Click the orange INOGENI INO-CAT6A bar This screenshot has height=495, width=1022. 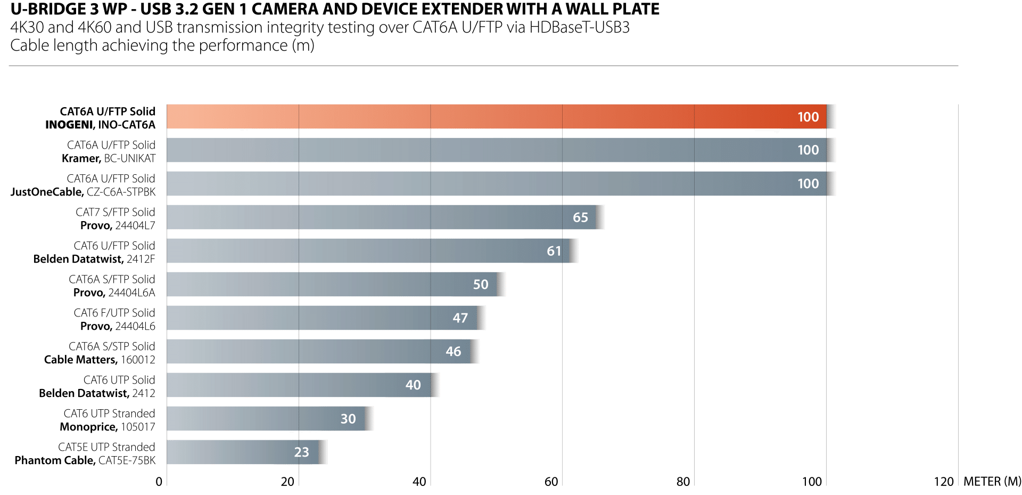coord(495,117)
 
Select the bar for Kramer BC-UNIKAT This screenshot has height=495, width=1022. coord(495,150)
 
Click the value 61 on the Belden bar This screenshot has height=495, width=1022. coord(554,251)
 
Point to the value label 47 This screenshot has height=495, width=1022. coord(460,318)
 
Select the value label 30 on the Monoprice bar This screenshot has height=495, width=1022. coord(348,419)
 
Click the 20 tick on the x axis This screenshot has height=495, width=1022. coord(287,482)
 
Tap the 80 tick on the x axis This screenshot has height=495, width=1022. coord(683,482)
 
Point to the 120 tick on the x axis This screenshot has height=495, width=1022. coord(944,482)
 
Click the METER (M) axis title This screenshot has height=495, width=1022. coord(992,482)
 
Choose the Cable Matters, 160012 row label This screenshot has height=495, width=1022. coord(100,360)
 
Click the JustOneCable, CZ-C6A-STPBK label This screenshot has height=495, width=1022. coord(83,192)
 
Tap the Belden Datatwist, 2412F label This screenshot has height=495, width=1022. coord(94,259)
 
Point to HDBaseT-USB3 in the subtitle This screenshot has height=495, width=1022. coord(579,28)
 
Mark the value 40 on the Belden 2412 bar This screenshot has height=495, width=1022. coord(413,385)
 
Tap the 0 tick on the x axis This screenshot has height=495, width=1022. coord(159,482)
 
